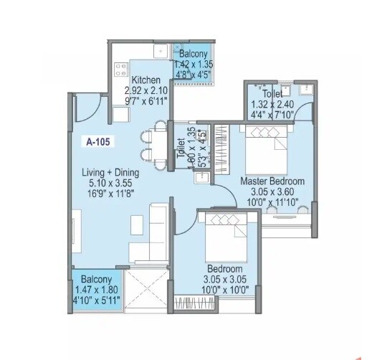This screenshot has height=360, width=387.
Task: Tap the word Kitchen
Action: (145, 80)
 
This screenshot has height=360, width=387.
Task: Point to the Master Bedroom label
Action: (272, 181)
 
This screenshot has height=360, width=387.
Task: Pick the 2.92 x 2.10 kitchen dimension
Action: (145, 91)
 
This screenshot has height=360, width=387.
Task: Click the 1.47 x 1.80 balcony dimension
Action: (96, 289)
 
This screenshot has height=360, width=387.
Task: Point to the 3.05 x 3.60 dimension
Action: (272, 191)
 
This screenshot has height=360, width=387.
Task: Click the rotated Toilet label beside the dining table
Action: (181, 146)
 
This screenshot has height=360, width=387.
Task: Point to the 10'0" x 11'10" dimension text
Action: (272, 202)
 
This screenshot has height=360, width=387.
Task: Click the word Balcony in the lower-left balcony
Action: (96, 279)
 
